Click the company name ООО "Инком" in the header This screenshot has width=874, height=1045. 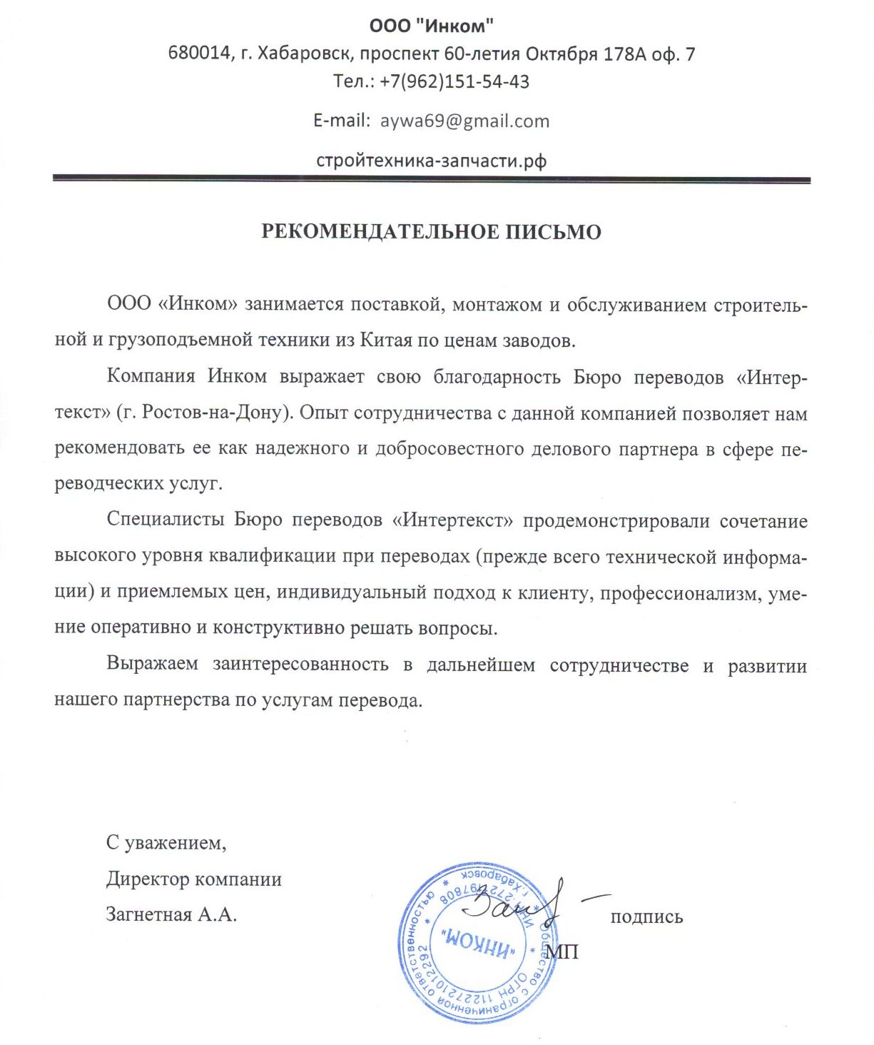pyautogui.click(x=431, y=26)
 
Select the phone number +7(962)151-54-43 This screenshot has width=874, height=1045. pyautogui.click(x=454, y=81)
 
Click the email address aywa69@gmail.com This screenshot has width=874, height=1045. pyautogui.click(x=464, y=121)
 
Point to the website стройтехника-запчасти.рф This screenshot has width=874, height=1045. pyautogui.click(x=431, y=160)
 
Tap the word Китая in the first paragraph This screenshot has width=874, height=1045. pyautogui.click(x=386, y=340)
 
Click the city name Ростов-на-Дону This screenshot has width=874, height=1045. pyautogui.click(x=215, y=413)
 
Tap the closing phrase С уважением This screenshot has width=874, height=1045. pyautogui.click(x=166, y=843)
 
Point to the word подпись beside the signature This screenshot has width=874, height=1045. pyautogui.click(x=646, y=917)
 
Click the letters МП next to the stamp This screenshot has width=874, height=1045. pyautogui.click(x=562, y=951)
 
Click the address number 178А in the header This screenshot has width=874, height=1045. pyautogui.click(x=624, y=54)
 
